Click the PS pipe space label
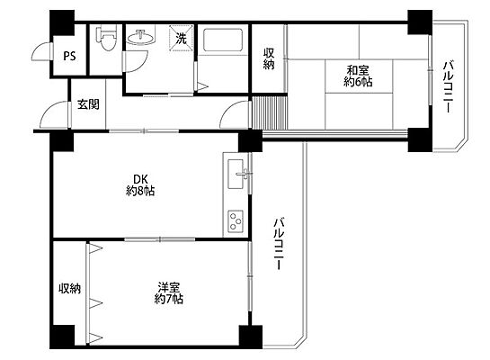pyautogui.click(x=69, y=56)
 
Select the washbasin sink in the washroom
pyautogui.click(x=140, y=37)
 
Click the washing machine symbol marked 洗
pyautogui.click(x=181, y=38)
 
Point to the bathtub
pyautogui.click(x=223, y=40)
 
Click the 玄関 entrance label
pyautogui.click(x=88, y=104)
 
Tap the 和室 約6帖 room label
pyautogui.click(x=358, y=76)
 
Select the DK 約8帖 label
pyautogui.click(x=140, y=185)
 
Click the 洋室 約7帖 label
pyautogui.click(x=169, y=293)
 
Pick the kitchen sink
pyautogui.click(x=236, y=174)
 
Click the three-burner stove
pyautogui.click(x=236, y=221)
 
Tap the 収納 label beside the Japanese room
pyautogui.click(x=269, y=58)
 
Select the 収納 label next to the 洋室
pyautogui.click(x=70, y=288)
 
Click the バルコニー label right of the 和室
pyautogui.click(x=448, y=86)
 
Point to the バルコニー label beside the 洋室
pyautogui.click(x=279, y=244)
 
